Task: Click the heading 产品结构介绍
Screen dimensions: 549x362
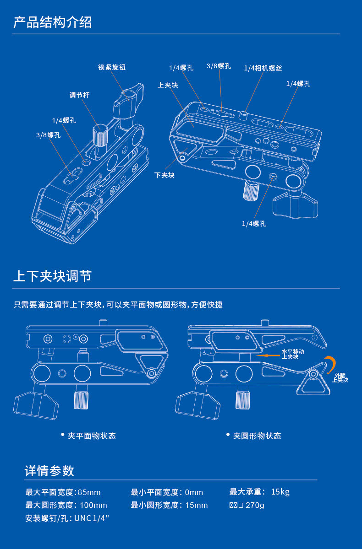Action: (x=53, y=22)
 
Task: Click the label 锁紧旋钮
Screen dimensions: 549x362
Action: (x=112, y=67)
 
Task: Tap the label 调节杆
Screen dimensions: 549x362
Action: (x=79, y=95)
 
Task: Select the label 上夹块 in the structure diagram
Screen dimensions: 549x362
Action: (x=168, y=85)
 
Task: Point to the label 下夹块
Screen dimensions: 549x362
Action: (x=164, y=175)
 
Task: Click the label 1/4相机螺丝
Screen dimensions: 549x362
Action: (x=263, y=68)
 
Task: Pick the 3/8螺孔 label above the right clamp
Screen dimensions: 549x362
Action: (x=219, y=66)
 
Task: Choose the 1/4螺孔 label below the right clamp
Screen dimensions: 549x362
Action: (x=254, y=224)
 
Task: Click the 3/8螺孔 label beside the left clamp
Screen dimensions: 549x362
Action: (x=48, y=135)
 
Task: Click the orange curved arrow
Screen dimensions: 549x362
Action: (x=330, y=364)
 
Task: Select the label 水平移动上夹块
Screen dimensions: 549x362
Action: (x=293, y=354)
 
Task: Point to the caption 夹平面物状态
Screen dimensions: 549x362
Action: (x=92, y=436)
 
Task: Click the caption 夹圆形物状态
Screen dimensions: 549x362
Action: (x=257, y=436)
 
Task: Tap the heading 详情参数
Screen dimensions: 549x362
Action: (x=49, y=471)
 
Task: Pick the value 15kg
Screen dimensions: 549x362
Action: (x=280, y=492)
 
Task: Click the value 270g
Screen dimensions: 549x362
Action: (x=255, y=505)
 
